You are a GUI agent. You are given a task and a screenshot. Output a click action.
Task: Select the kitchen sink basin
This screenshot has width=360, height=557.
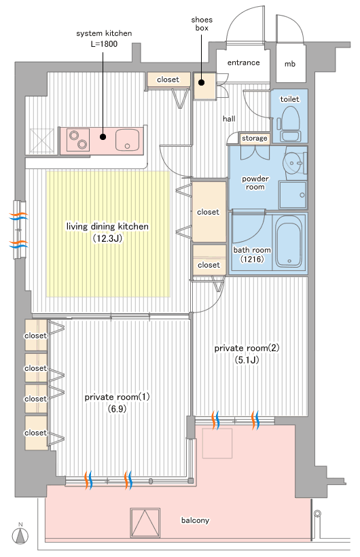(x=127, y=140)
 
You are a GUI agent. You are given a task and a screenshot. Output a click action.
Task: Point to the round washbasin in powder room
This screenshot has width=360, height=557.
(x=294, y=163)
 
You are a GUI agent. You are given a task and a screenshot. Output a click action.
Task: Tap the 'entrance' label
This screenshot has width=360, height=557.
(x=243, y=62)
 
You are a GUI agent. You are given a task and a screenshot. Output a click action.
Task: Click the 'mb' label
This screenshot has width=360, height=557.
(x=290, y=64)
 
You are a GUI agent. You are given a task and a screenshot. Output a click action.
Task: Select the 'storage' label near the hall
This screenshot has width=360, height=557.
(x=255, y=138)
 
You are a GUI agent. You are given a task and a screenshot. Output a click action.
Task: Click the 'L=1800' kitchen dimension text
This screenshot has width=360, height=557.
(x=104, y=44)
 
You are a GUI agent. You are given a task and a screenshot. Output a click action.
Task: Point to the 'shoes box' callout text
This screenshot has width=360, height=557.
(x=202, y=24)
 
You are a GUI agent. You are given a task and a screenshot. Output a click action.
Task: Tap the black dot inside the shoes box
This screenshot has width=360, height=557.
(x=202, y=83)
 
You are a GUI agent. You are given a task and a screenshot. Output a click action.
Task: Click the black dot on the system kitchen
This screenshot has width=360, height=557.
(x=103, y=137)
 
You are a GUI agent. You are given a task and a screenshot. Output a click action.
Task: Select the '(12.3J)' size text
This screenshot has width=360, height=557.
(x=107, y=238)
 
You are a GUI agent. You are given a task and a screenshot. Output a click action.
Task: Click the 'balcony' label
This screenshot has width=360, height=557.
(x=195, y=520)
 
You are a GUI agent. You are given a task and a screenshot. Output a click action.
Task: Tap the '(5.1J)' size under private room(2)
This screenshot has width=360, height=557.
(x=247, y=360)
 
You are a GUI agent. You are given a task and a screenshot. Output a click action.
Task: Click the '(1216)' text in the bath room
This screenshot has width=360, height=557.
(x=252, y=259)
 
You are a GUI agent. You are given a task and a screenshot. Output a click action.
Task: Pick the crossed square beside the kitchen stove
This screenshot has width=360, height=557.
(x=41, y=141)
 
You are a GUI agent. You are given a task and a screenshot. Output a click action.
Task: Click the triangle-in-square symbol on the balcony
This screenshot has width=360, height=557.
(x=145, y=522)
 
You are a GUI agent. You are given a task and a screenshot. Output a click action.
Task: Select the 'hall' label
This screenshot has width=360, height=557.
(x=229, y=119)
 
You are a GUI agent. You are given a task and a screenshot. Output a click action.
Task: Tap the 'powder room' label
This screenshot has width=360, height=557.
(x=255, y=183)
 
